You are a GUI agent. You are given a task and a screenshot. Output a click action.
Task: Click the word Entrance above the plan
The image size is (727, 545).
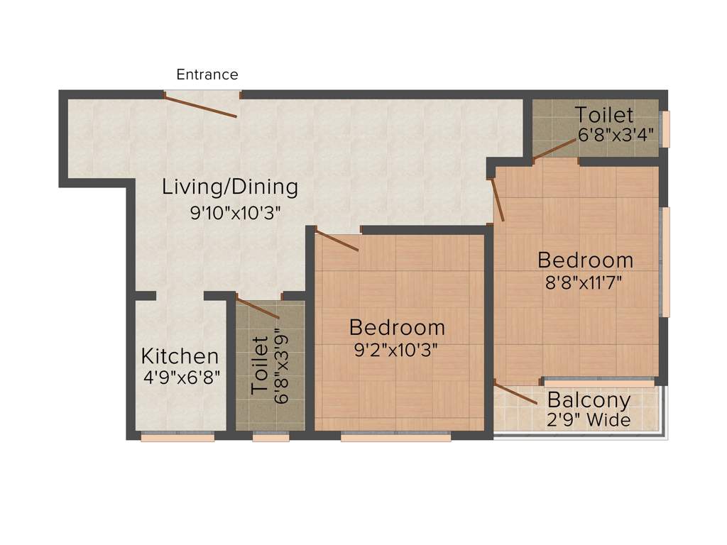(207, 75)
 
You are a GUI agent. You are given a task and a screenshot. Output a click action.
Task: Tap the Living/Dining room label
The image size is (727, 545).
(229, 187)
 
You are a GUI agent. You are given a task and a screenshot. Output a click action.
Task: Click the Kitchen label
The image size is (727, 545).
(180, 356)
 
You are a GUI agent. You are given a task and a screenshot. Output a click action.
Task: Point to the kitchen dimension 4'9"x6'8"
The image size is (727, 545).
(182, 378)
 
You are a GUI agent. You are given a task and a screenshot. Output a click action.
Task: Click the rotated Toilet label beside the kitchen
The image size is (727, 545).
(260, 365)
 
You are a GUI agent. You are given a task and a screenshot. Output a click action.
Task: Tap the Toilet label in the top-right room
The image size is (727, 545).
(603, 114)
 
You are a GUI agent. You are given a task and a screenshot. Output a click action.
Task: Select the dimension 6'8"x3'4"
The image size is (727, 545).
(615, 135)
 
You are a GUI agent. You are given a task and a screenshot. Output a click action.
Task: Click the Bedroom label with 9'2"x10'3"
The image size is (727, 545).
(397, 327)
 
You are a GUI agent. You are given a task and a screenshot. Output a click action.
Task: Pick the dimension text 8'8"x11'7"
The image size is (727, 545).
(584, 281)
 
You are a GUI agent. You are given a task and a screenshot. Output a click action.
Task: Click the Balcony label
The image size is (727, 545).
(589, 400)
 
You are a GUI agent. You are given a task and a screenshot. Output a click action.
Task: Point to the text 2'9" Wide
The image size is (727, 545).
(589, 420)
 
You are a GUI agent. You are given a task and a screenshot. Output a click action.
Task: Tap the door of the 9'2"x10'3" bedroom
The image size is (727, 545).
(337, 241)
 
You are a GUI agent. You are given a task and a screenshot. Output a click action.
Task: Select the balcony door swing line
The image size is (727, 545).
(515, 393)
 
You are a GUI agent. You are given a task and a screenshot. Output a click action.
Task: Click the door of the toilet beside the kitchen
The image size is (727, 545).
(258, 308)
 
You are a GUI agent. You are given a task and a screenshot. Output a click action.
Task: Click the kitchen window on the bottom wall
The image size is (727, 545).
(177, 437)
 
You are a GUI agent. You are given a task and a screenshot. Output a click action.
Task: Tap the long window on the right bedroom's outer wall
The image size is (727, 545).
(665, 262)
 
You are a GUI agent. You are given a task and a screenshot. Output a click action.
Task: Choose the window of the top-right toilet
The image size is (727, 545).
(666, 128)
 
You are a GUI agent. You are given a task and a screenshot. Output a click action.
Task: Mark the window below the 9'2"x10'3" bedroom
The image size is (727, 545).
(395, 437)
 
